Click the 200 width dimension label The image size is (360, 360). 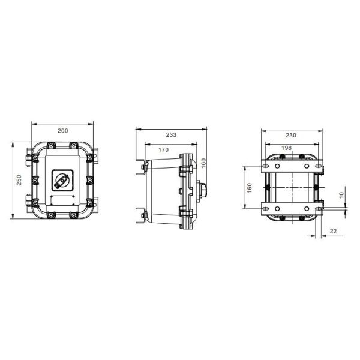pyautogui.click(x=62, y=130)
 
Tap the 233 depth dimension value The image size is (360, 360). pyautogui.click(x=171, y=134)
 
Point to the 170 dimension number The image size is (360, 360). pyautogui.click(x=163, y=149)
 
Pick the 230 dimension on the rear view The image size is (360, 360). pyautogui.click(x=290, y=135)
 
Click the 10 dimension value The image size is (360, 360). pyautogui.click(x=341, y=196)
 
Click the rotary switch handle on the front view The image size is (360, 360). pyautogui.click(x=62, y=179)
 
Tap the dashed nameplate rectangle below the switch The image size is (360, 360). pyautogui.click(x=62, y=199)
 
